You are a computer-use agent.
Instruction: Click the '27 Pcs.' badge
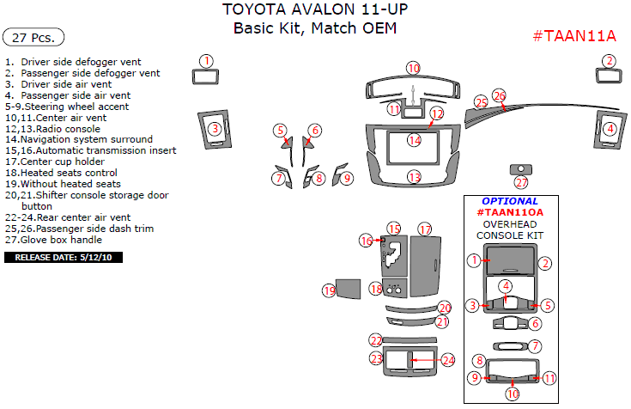(x=33, y=37)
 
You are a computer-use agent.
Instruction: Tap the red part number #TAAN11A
(x=574, y=35)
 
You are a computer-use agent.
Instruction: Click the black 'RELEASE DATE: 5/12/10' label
(x=64, y=257)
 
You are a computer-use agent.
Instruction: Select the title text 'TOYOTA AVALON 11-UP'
(x=315, y=10)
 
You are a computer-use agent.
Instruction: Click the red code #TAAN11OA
(x=510, y=212)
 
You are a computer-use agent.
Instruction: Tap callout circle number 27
(x=521, y=182)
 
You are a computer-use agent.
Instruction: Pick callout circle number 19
(x=329, y=291)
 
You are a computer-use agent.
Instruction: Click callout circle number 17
(x=425, y=229)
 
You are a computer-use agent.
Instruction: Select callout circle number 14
(x=415, y=140)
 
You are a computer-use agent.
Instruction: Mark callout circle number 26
(x=500, y=95)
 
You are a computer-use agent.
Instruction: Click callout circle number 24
(x=448, y=359)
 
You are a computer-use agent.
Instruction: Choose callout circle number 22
(x=376, y=340)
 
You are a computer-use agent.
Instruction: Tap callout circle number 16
(x=367, y=241)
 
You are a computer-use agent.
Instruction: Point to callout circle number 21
(x=442, y=321)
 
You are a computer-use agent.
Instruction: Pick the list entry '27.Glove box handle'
(x=58, y=240)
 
